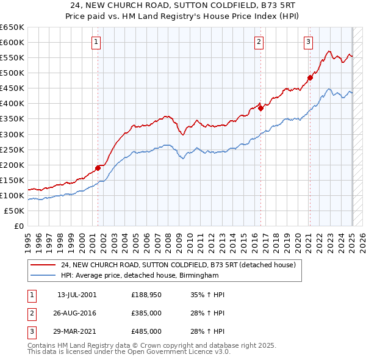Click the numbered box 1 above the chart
click(97, 42)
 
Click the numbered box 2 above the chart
click(259, 42)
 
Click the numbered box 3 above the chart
click(308, 42)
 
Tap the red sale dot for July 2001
click(98, 168)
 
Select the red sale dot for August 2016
click(260, 108)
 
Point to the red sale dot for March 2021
click(309, 77)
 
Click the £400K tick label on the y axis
click(12, 103)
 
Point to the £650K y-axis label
click(12, 27)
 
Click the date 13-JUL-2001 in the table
click(77, 295)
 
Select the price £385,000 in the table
click(146, 313)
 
